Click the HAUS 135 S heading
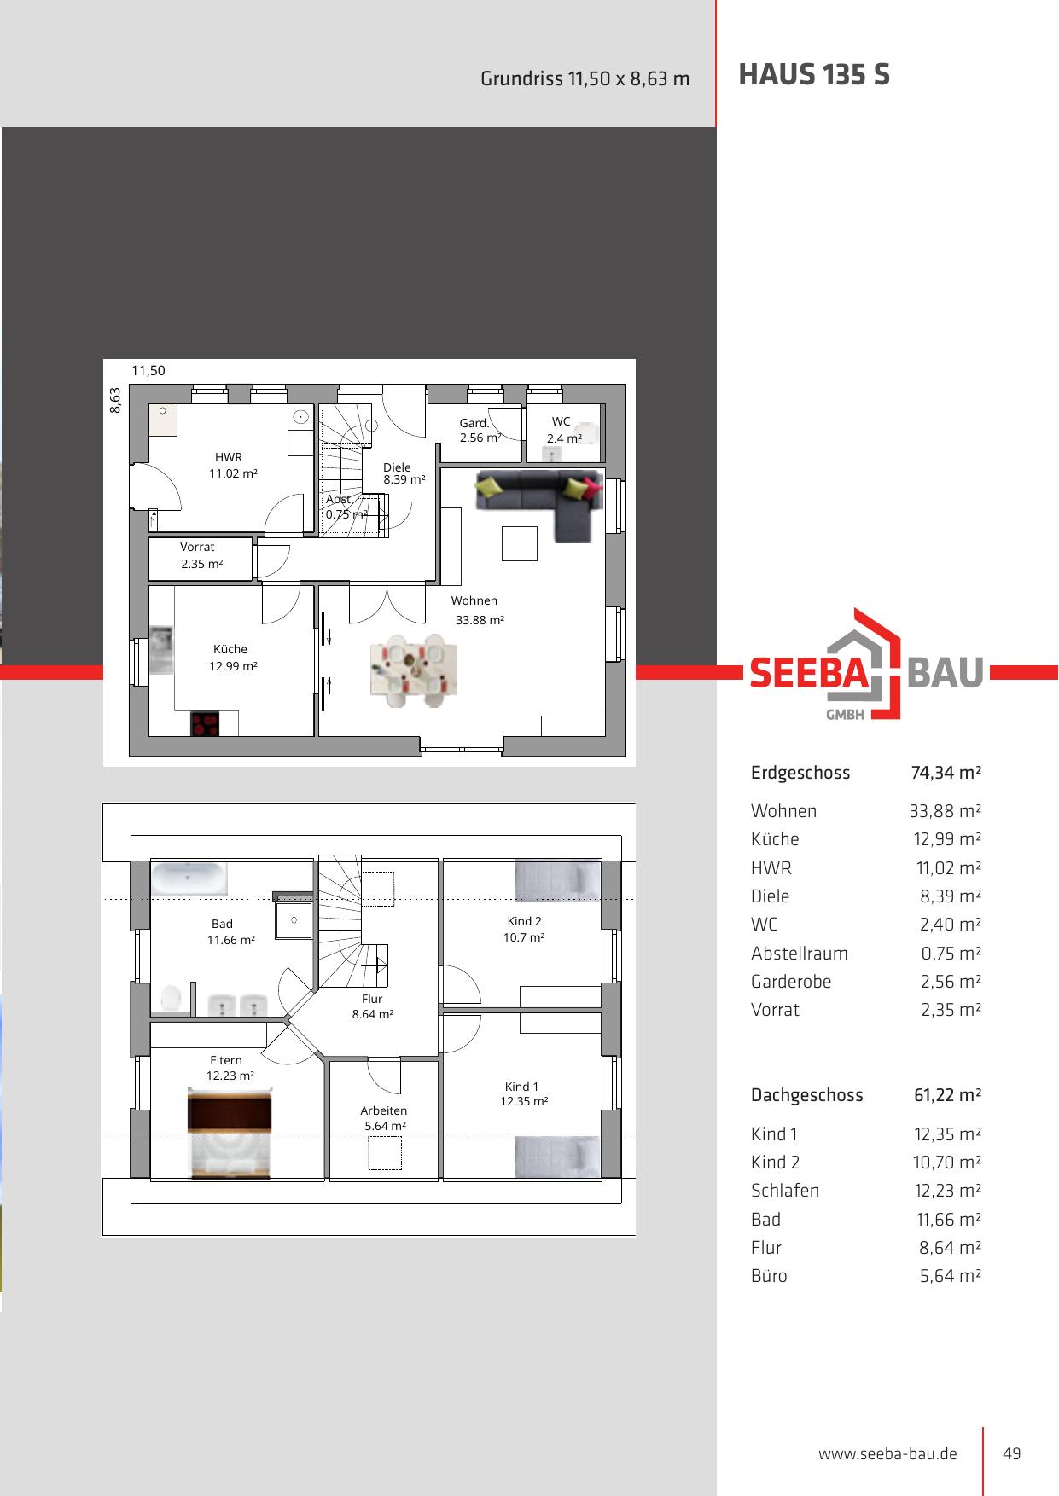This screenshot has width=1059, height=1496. click(x=814, y=75)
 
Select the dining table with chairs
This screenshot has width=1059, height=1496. click(x=414, y=670)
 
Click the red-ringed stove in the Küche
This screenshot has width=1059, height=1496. click(x=205, y=723)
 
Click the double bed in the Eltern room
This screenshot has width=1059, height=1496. click(x=230, y=1134)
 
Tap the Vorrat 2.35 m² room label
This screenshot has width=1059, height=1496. click(x=201, y=555)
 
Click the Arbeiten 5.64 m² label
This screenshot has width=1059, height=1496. click(x=384, y=1118)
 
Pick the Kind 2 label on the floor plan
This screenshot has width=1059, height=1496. click(x=524, y=921)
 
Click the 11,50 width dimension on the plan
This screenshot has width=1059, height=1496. click(x=148, y=371)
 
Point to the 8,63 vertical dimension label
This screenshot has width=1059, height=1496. click(x=115, y=400)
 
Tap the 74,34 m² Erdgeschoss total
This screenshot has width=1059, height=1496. click(x=946, y=773)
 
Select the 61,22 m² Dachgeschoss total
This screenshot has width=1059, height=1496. click(x=947, y=1095)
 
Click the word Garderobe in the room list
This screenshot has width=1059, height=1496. click(x=791, y=982)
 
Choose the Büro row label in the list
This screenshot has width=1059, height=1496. click(x=769, y=1276)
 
